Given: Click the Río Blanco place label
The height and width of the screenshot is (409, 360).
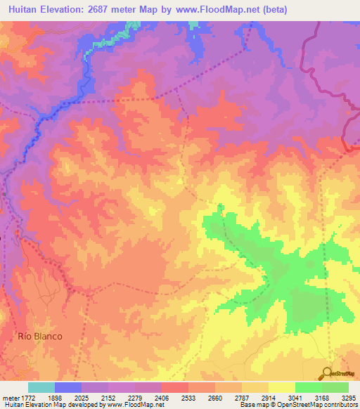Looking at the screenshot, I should tap(40, 336).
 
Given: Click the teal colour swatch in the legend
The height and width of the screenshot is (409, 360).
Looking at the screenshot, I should tap(41, 387).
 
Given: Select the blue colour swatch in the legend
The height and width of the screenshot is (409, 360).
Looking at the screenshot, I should tap(68, 387).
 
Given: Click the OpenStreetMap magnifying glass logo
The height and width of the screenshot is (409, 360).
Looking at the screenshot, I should tap(326, 373).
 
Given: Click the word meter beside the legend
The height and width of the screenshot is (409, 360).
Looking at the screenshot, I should tap(11, 396).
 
